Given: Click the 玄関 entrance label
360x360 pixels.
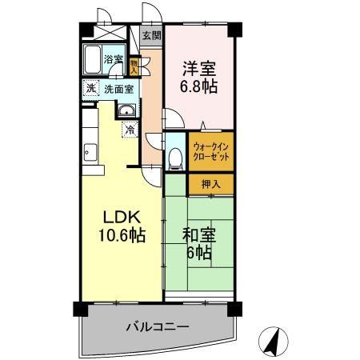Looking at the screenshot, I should pyautogui.click(x=151, y=35).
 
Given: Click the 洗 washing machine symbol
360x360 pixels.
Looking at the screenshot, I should pyautogui.click(x=90, y=89).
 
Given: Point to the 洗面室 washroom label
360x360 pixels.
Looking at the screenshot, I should pyautogui.click(x=119, y=89).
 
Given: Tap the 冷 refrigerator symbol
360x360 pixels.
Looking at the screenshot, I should pyautogui.click(x=128, y=129).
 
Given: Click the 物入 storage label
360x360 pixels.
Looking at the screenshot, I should pyautogui.click(x=134, y=65).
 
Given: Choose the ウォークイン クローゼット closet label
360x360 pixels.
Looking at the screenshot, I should pyautogui.click(x=212, y=152).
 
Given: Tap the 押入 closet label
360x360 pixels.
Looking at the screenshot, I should pyautogui.click(x=211, y=183).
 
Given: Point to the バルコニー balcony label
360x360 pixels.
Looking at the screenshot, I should pyautogui.click(x=157, y=327).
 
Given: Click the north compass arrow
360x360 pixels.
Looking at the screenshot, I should pyautogui.click(x=274, y=342).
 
